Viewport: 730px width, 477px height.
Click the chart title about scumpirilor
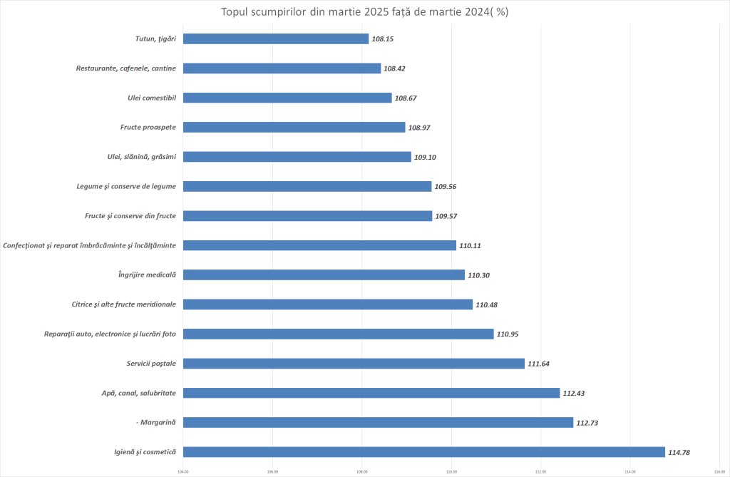365,13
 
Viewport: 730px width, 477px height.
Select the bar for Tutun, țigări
276,39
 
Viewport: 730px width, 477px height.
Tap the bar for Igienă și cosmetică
423,452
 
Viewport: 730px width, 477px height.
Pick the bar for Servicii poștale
354,364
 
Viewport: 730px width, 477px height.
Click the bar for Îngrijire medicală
324,275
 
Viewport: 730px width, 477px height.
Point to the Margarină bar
378,422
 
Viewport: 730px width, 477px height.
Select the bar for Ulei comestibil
287,98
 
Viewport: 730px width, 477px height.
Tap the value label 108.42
394,68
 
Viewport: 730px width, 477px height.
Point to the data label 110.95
508,334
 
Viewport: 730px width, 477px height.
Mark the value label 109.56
446,186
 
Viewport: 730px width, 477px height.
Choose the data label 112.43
574,393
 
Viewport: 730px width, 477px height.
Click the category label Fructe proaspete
148,128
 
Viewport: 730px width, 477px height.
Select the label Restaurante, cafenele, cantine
126,68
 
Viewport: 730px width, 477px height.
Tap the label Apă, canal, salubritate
139,393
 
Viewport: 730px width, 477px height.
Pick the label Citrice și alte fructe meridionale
124,304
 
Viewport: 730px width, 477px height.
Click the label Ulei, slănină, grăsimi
140,157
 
